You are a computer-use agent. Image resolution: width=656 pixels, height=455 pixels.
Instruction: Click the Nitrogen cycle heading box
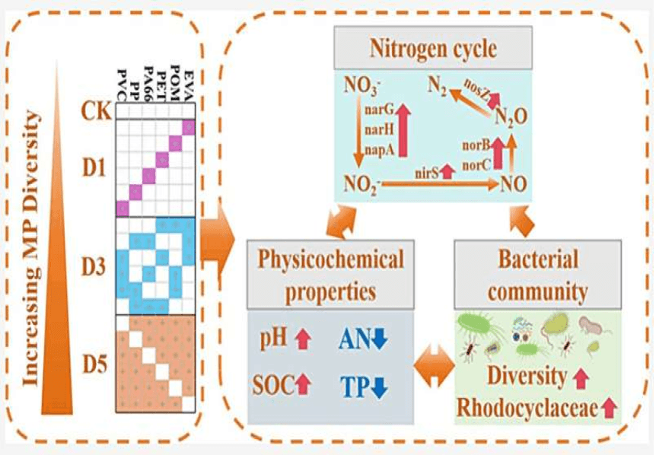pyautogui.click(x=432, y=49)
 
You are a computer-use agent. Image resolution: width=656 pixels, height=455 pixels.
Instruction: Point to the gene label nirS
pyautogui.click(x=426, y=174)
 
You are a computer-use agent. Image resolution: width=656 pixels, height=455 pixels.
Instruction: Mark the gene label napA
pyautogui.click(x=381, y=151)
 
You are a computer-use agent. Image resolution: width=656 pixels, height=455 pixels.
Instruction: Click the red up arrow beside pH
pyautogui.click(x=302, y=340)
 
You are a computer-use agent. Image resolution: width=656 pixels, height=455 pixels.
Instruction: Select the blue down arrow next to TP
pyautogui.click(x=380, y=387)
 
